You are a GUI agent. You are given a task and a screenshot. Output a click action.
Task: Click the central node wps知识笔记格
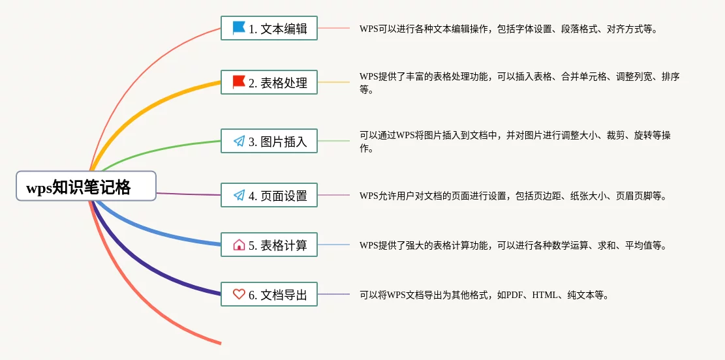[x=86, y=186]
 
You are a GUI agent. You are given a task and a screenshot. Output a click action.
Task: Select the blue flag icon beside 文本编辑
[x=239, y=28]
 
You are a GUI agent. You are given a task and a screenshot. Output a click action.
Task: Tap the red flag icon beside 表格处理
[x=239, y=82]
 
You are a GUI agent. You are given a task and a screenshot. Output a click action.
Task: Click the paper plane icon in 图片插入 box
[x=239, y=141]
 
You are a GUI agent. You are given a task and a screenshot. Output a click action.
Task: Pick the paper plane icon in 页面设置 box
[x=239, y=195]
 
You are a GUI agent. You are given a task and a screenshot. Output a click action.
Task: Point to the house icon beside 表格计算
[x=239, y=245]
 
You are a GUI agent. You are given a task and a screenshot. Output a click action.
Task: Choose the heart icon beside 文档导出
[x=239, y=294]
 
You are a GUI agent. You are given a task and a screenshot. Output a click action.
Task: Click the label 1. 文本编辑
[x=278, y=29]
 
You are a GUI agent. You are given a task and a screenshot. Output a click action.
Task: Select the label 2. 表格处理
[x=278, y=83]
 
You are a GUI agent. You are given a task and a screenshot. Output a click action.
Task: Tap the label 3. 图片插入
[x=278, y=142]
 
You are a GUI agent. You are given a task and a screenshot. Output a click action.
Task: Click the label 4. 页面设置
[x=278, y=196]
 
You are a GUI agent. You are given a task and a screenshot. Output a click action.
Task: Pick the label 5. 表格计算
[x=278, y=245]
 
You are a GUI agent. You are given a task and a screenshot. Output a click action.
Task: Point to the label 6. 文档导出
[x=278, y=294]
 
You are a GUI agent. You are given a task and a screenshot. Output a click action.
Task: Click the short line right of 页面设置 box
[x=333, y=195]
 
